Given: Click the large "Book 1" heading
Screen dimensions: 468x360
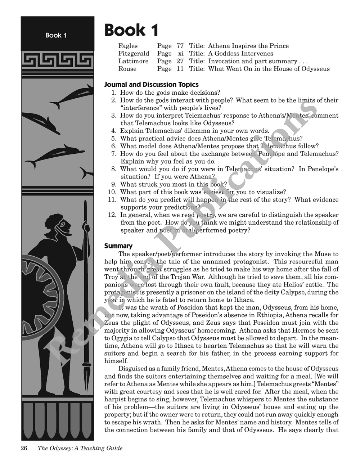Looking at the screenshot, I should click(x=131, y=30).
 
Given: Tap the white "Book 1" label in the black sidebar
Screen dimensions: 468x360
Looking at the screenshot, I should click(x=56, y=35).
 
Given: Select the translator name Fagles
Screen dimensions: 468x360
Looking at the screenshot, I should click(x=128, y=46).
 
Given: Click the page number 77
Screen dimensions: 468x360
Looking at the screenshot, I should click(x=180, y=46).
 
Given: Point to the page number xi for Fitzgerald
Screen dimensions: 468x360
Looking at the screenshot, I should click(x=181, y=54).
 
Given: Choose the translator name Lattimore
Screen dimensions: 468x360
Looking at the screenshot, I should click(x=133, y=61).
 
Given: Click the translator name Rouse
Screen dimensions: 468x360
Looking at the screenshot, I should click(x=127, y=69).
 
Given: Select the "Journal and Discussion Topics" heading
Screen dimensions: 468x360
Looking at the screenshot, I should click(x=151, y=85).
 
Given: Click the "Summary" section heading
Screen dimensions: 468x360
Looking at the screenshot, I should click(x=118, y=246).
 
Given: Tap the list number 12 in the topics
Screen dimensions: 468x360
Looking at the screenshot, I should click(x=112, y=215).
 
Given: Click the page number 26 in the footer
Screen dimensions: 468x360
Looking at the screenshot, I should click(x=24, y=448).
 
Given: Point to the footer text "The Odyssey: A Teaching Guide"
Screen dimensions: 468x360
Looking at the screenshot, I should click(x=80, y=448).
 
